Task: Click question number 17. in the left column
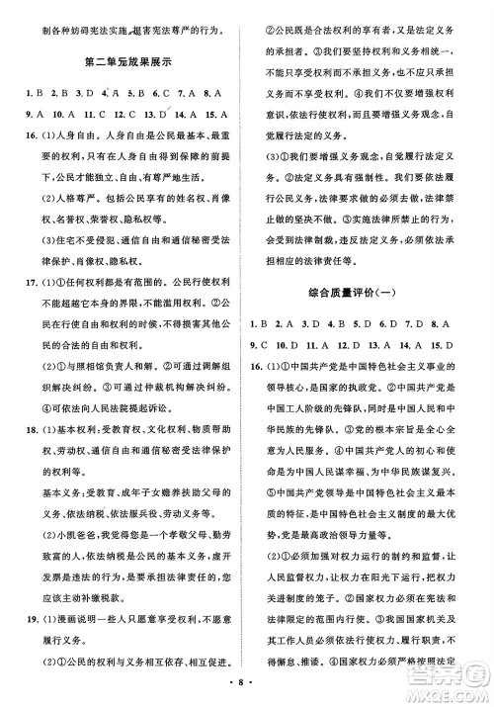click(x=20, y=323)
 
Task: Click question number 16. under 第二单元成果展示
click(x=20, y=135)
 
